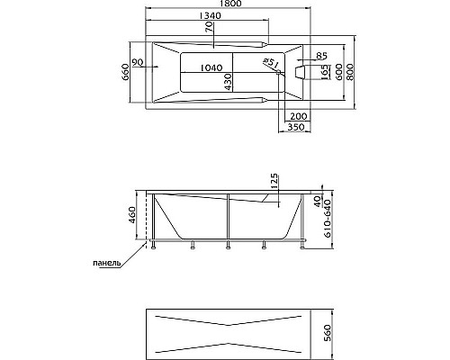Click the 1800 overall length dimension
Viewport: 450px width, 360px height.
click(x=228, y=4)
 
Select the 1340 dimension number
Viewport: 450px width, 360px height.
click(x=210, y=15)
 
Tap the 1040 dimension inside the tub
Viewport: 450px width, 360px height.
click(x=211, y=67)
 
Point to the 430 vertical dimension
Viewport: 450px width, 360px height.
click(x=228, y=82)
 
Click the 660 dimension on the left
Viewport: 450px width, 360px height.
click(x=126, y=72)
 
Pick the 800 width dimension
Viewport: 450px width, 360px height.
click(x=350, y=71)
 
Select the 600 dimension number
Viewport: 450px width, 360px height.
click(x=338, y=71)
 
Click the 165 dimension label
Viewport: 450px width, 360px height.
click(x=325, y=72)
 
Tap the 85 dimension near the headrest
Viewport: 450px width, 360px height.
click(x=321, y=56)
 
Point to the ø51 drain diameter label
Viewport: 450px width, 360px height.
click(x=271, y=63)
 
